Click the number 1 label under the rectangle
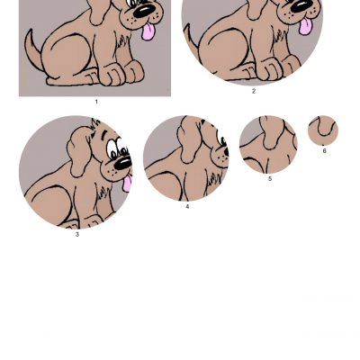[96, 102]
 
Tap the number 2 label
[254, 91]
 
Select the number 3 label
[77, 235]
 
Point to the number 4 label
[187, 207]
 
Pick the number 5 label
[270, 179]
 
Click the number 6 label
[324, 151]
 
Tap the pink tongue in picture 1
[148, 31]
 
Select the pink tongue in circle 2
[304, 26]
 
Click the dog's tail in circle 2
[191, 38]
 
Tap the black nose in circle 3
[122, 163]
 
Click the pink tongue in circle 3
[127, 183]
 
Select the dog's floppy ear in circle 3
[78, 151]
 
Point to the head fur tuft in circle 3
[95, 124]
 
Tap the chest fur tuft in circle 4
[213, 181]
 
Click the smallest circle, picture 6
[323, 130]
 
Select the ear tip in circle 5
[271, 145]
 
